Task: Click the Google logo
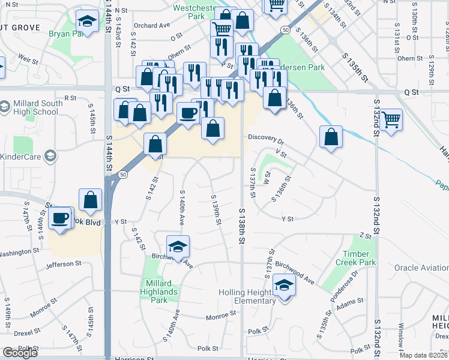(20, 353)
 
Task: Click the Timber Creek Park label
(359, 259)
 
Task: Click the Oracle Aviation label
(421, 268)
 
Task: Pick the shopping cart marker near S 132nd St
(391, 119)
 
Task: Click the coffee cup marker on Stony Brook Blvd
(61, 218)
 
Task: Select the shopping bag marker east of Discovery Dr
(331, 137)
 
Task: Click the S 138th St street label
(242, 225)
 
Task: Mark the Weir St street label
(28, 58)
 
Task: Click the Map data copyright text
(423, 355)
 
